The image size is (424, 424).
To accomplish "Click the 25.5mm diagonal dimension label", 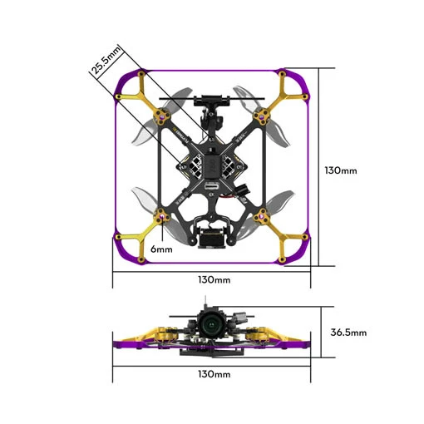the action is [x=106, y=61].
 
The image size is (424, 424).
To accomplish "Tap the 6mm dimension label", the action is [x=161, y=249].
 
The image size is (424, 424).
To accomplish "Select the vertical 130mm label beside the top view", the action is [x=341, y=170].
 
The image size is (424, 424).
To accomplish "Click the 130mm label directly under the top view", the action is [x=214, y=279].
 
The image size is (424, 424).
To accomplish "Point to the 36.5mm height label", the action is [x=348, y=332].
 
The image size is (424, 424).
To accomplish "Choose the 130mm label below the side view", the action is [x=214, y=374].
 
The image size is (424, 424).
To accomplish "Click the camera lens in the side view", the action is [x=211, y=324].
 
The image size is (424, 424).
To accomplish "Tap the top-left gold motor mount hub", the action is [x=161, y=116].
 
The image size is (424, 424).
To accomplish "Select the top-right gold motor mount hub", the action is [x=261, y=116].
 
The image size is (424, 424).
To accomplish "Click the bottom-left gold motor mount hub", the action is [x=161, y=217].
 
